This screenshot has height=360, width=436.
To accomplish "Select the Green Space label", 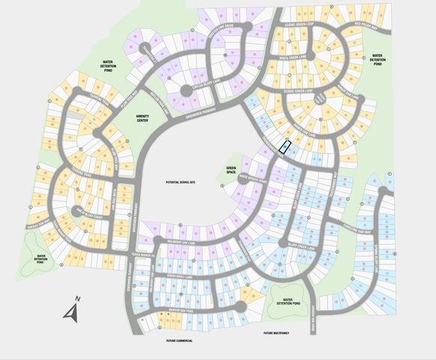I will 230,171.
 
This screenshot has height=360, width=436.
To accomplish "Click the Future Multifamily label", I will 278,333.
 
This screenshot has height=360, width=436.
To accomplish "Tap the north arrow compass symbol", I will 73,308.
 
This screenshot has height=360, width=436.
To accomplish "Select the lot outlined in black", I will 284,146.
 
